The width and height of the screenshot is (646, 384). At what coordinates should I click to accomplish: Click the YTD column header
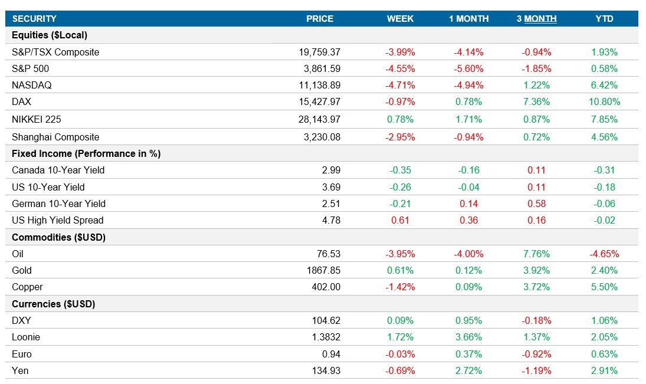tap(604, 19)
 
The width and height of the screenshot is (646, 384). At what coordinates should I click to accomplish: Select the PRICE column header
tap(320, 19)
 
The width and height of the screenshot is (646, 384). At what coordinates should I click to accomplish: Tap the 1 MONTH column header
tap(468, 19)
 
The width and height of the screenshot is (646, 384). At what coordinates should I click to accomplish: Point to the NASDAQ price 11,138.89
tap(320, 85)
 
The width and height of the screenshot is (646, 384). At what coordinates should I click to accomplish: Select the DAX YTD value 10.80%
tap(604, 102)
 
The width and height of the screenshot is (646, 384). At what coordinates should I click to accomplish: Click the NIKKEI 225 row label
tap(37, 119)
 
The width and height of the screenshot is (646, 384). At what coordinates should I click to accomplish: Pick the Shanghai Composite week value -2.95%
tap(400, 137)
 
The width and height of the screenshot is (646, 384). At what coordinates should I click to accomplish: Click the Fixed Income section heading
tap(86, 153)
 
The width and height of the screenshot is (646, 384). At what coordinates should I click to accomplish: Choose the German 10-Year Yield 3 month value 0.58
tap(536, 204)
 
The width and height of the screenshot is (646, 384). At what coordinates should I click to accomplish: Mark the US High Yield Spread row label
tap(58, 220)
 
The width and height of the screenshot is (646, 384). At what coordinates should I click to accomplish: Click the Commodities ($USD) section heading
tap(58, 237)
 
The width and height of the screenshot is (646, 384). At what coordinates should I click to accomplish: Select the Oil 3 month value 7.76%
tap(536, 254)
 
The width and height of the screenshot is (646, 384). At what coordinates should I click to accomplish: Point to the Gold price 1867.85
tap(324, 270)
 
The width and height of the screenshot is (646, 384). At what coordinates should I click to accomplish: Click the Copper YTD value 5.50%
tap(604, 287)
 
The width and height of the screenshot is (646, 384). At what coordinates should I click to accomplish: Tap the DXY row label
tap(21, 321)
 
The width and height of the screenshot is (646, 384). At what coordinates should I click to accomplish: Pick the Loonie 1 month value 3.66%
tap(468, 337)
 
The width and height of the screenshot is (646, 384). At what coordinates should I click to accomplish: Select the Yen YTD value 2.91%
tap(604, 371)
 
